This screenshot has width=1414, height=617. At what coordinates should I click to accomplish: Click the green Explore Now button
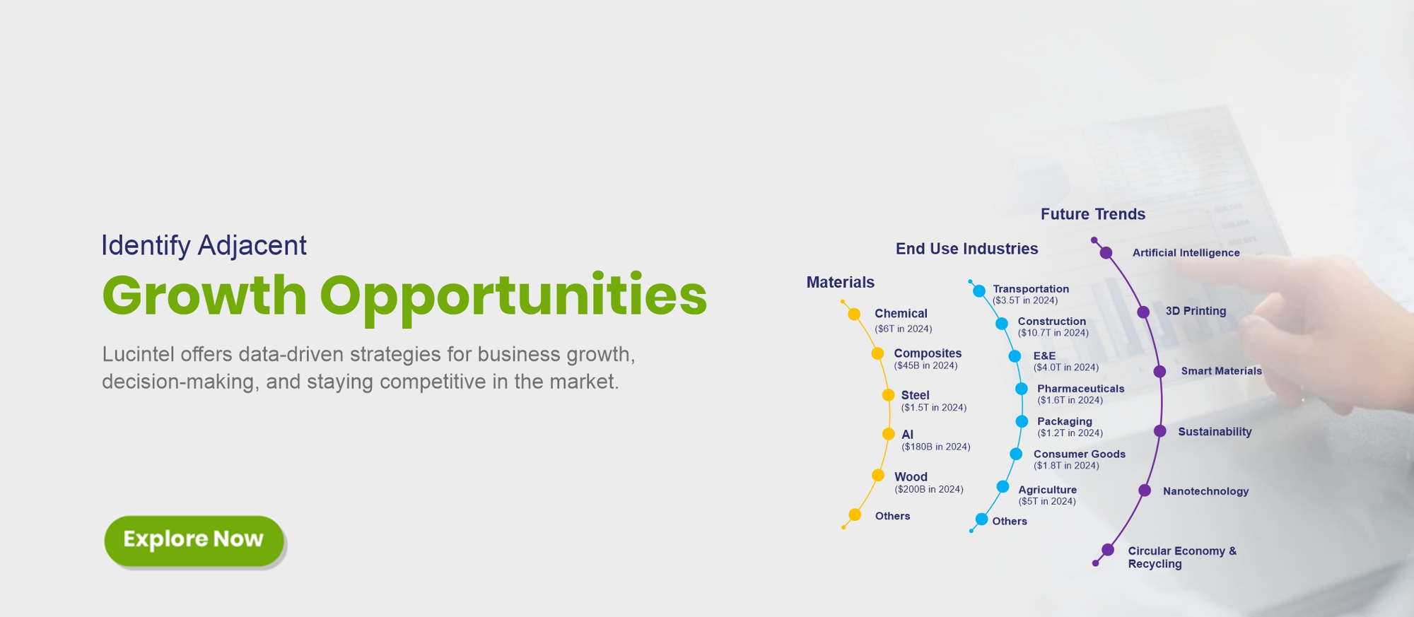tap(194, 540)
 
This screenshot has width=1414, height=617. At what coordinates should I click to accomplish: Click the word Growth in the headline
tap(204, 295)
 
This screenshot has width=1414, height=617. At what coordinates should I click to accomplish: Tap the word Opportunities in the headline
tap(513, 297)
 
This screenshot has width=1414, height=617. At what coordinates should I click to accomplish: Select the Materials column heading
tap(841, 282)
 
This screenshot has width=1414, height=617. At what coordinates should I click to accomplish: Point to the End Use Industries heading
tap(966, 249)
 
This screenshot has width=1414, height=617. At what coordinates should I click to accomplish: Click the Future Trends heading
tap(1093, 214)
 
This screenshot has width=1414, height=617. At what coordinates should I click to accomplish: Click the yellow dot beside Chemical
tap(854, 314)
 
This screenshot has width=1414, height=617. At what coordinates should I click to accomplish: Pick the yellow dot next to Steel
tap(889, 395)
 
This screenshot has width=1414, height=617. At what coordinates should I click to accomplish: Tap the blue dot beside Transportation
tap(979, 290)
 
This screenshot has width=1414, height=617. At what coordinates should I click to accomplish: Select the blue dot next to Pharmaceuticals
tap(1022, 389)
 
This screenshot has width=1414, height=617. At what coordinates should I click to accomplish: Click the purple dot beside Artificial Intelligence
tap(1106, 253)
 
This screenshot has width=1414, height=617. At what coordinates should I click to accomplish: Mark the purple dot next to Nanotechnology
tap(1145, 490)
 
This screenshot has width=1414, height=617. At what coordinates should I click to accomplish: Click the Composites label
tap(928, 353)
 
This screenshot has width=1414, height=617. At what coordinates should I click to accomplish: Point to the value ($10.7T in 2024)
tap(1053, 333)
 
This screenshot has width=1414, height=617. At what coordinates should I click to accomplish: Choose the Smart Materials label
tap(1221, 371)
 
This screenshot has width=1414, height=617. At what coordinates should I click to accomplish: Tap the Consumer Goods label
tap(1080, 454)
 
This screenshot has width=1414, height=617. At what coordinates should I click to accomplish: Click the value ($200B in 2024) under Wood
tap(929, 489)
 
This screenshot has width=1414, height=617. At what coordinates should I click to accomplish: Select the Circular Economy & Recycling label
tap(1182, 557)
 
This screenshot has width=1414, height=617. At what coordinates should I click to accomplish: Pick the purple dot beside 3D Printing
tap(1143, 312)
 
